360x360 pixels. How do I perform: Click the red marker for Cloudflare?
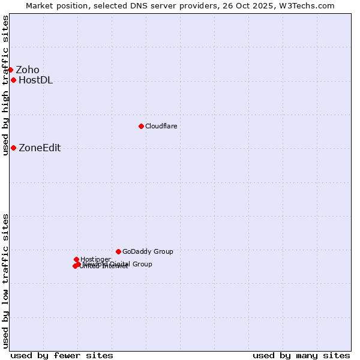coord(141,126)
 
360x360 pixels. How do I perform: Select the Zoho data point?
coord(10,70)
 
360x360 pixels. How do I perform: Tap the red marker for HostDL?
coord(13,80)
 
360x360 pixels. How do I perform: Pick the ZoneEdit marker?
coord(13,148)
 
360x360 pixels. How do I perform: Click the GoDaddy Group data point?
coord(118,251)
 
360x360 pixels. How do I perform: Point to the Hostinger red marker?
coord(76,259)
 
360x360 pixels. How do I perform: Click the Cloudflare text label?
coord(161,126)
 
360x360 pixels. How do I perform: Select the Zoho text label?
coord(28,70)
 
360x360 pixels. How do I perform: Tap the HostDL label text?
coord(35,80)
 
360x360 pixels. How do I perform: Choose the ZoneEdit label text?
coord(40,148)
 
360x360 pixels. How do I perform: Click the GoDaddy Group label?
coord(148,251)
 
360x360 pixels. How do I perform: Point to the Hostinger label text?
coord(95,259)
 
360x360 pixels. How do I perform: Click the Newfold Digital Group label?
coord(118,264)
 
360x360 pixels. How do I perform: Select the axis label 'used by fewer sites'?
coord(62,355)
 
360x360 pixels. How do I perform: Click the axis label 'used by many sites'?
coord(301,355)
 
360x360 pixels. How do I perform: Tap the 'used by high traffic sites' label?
coord(5,85)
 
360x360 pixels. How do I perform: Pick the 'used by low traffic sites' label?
coord(5,280)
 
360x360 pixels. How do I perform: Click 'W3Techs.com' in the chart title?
coord(310,5)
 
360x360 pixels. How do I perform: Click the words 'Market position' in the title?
coord(55,5)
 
